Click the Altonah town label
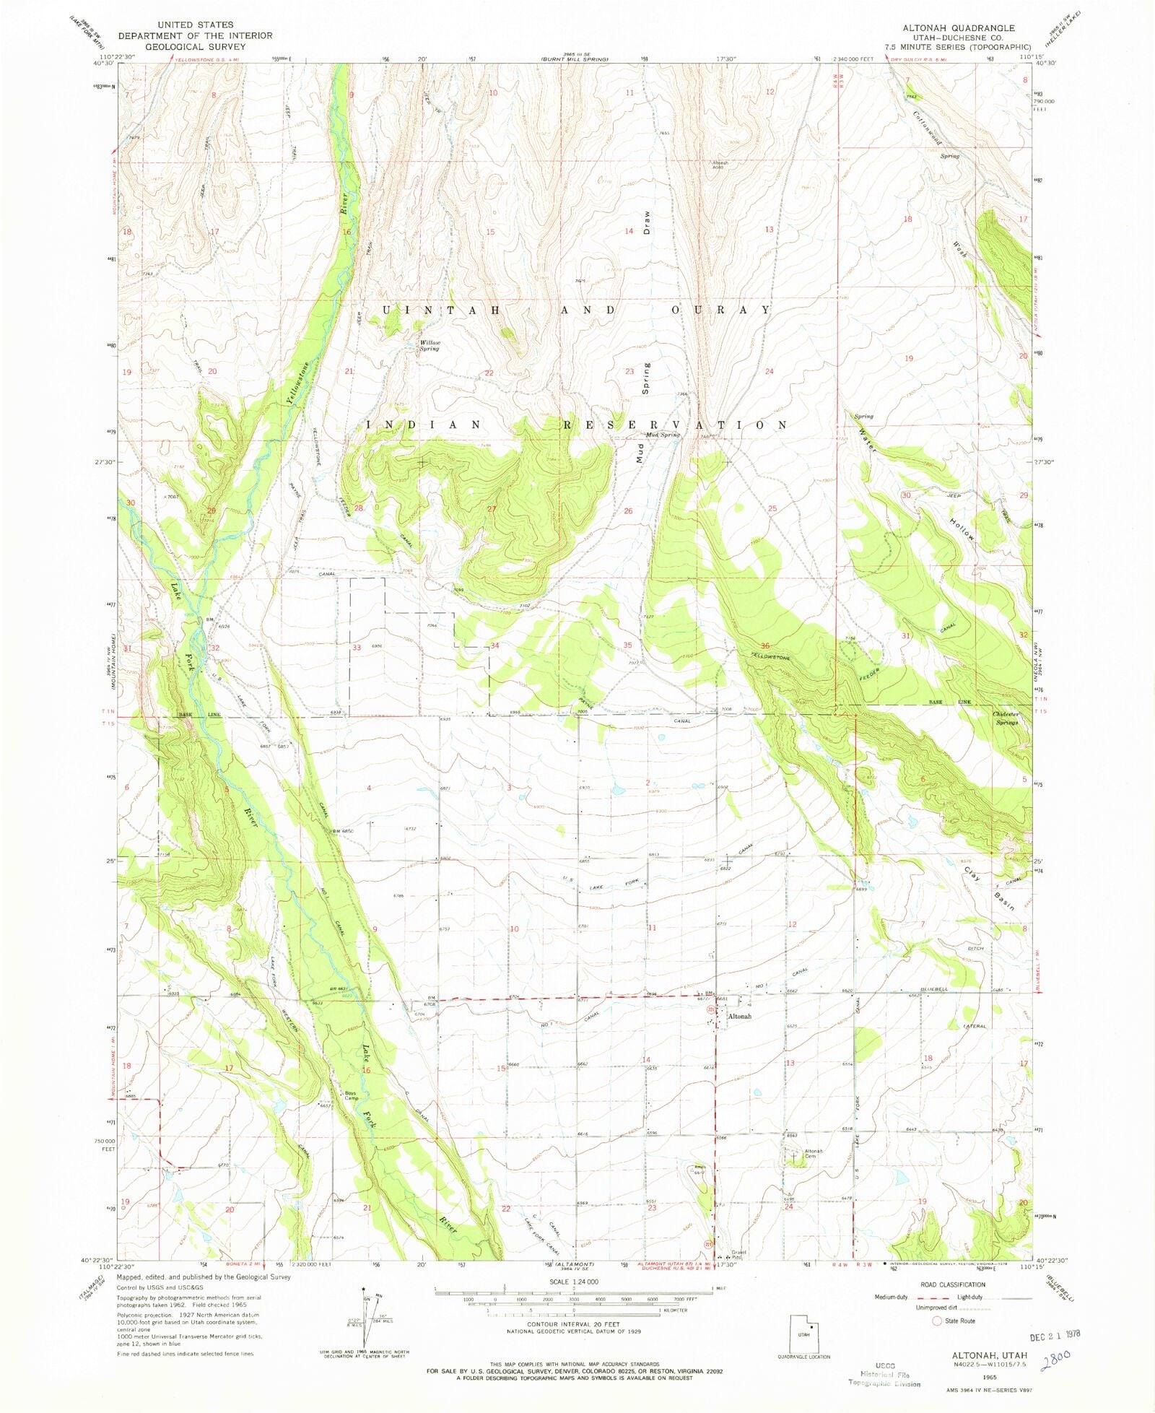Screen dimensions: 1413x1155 [x=739, y=1016]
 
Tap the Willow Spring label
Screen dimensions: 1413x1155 [x=430, y=345]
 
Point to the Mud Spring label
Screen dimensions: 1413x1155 [x=663, y=435]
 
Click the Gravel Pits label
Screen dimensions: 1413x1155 [x=738, y=1254]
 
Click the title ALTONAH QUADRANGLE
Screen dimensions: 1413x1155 [x=958, y=28]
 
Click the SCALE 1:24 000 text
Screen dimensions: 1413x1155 [x=574, y=1282]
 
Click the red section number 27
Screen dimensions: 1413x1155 [x=492, y=509]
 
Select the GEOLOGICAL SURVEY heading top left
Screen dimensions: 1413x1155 [x=195, y=46]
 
